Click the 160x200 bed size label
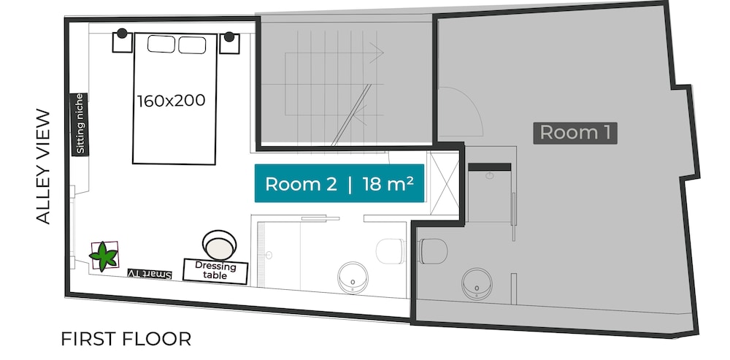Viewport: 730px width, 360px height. point(172,101)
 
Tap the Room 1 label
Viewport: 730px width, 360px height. point(575,133)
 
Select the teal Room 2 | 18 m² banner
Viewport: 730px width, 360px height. point(339,183)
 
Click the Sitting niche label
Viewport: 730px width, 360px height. point(79,124)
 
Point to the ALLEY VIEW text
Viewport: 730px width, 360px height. point(43,166)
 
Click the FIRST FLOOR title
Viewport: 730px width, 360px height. point(126,339)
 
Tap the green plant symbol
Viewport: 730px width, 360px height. point(104,256)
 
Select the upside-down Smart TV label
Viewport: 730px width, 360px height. point(150,275)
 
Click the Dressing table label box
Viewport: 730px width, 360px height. point(215,271)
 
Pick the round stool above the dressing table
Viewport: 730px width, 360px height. point(219,245)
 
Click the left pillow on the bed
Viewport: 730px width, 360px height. point(161,45)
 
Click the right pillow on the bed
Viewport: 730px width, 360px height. point(192,45)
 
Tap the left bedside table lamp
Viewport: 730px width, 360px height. point(122,33)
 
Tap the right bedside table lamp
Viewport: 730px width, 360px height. point(228,37)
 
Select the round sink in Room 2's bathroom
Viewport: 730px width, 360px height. point(353,278)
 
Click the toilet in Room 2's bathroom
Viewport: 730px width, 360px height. point(390,251)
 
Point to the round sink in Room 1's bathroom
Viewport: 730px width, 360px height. point(477,284)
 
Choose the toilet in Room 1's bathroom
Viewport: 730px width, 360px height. point(434,251)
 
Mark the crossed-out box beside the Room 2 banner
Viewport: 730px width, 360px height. point(445,183)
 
